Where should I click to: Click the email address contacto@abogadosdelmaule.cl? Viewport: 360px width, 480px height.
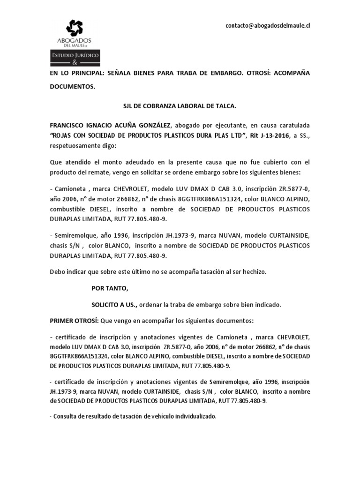268,25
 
